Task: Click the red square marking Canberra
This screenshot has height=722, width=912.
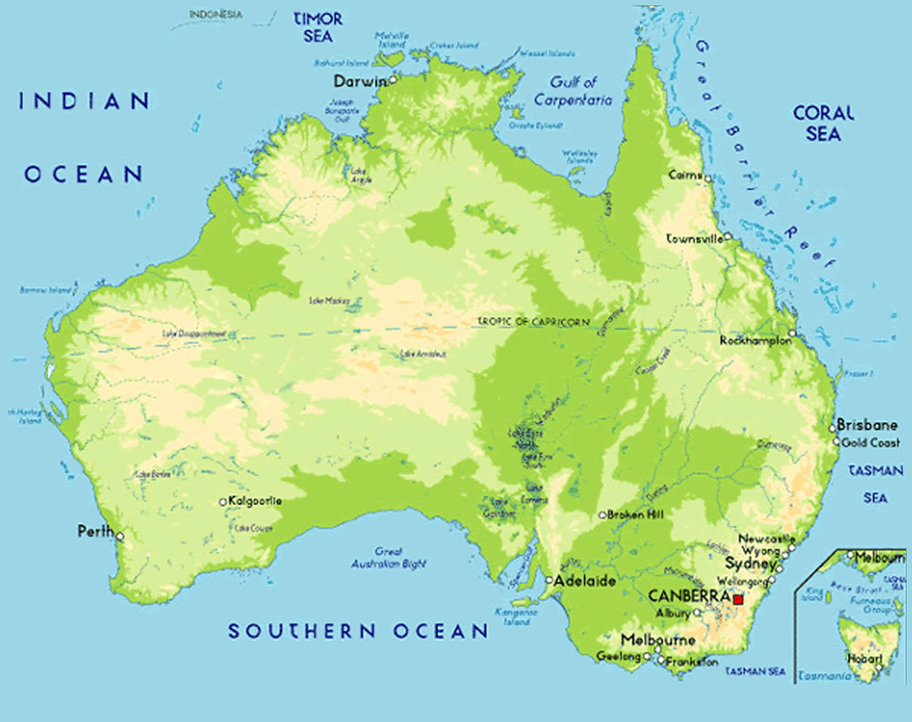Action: tap(738, 599)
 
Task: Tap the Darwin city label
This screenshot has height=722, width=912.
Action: tap(360, 81)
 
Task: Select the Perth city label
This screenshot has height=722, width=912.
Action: tap(95, 531)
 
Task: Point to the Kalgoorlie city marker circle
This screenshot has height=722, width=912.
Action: tap(223, 501)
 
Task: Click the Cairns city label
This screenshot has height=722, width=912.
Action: tap(684, 174)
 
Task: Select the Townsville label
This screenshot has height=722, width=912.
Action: tap(695, 238)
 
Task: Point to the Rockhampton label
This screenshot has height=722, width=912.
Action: tap(753, 340)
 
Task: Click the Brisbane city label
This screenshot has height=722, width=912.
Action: tap(866, 425)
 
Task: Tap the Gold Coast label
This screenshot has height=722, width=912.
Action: tap(870, 442)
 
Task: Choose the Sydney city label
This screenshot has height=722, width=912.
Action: tap(750, 564)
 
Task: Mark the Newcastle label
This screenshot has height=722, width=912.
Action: tap(767, 539)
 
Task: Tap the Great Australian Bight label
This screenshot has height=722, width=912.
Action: tap(389, 558)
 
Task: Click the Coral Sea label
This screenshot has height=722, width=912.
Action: tap(824, 123)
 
